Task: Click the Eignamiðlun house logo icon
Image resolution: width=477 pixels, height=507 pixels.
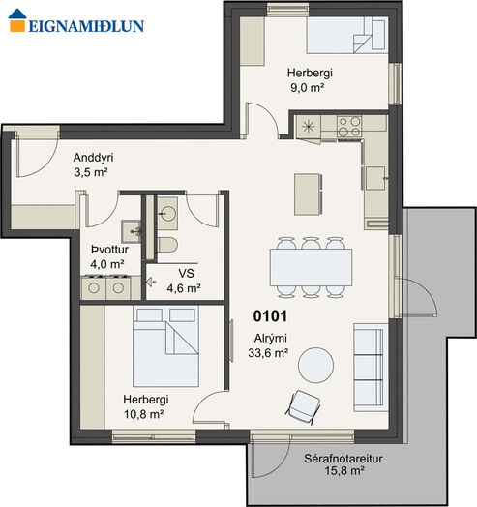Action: pos(17,20)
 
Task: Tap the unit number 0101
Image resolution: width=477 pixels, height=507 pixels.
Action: pos(270,316)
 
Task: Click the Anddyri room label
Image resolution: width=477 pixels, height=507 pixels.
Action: pos(93,158)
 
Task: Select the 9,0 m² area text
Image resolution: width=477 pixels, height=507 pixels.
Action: pos(308,87)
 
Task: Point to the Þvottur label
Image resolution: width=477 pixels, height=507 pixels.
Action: pos(109,250)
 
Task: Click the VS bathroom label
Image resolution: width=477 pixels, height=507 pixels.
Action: pos(186,273)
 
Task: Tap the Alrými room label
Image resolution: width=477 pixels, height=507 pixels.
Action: pos(270,339)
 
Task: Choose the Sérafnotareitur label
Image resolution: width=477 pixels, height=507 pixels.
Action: pos(343,459)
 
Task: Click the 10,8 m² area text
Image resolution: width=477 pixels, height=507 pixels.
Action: pos(144,414)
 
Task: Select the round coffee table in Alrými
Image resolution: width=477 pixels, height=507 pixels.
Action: pos(315,366)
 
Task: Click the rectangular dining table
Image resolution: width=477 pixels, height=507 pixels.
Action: pos(311,267)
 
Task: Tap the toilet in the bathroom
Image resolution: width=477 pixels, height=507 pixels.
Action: pos(167,245)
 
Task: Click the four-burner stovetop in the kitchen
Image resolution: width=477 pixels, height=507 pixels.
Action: pos(349,126)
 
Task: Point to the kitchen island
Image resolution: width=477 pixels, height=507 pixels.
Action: pos(309,194)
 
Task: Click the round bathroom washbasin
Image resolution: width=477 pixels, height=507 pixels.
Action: pos(168,214)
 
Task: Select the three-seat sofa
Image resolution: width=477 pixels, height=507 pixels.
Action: pos(371,368)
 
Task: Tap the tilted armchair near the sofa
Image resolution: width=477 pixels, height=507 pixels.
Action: pos(303,406)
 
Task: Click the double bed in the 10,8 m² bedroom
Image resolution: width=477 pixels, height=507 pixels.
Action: pos(165,346)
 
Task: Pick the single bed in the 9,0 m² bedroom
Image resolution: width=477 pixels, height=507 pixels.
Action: pos(347,35)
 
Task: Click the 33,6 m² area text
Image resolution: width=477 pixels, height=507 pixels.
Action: pos(268,353)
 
